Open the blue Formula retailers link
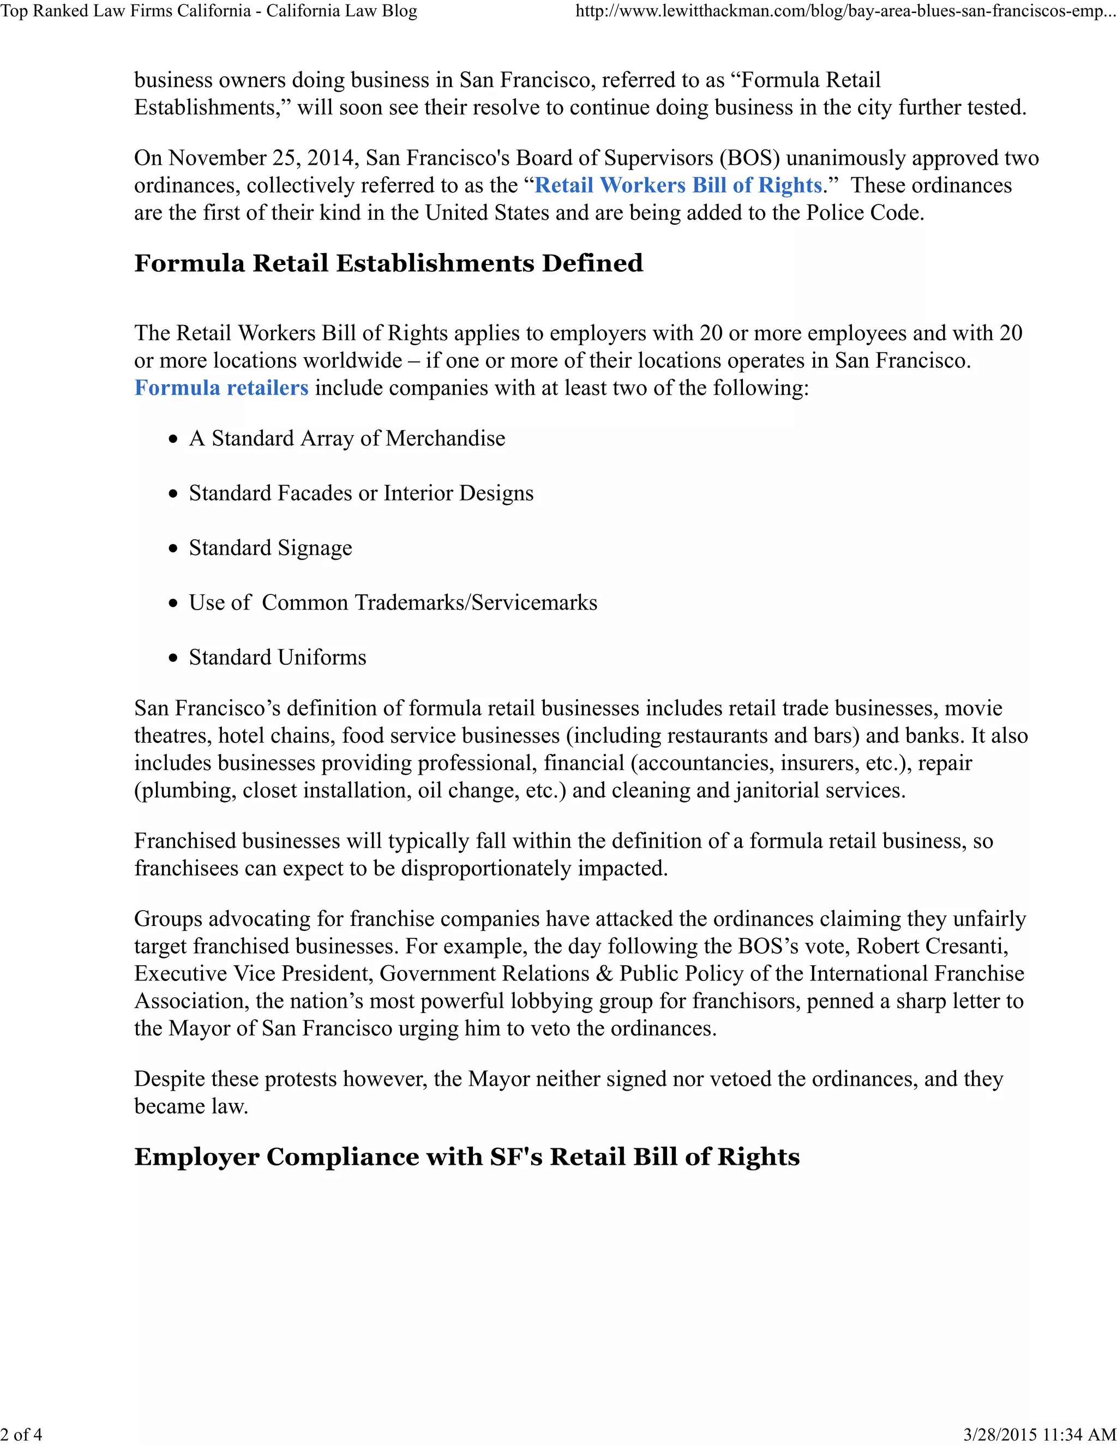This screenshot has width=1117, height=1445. coord(221,388)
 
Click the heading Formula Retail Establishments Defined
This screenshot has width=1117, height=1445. coord(388,263)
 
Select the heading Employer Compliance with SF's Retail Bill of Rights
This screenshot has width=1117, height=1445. coord(466,1157)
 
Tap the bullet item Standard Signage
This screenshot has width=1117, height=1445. coord(270,548)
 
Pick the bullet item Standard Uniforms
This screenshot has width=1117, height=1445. coord(277,658)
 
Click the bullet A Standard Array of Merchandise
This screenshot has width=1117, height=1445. coord(347,438)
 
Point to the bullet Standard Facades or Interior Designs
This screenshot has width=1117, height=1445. coord(361,493)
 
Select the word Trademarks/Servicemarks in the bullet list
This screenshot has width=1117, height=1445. coord(476,603)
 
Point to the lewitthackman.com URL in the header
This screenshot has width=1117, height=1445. coord(845,12)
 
